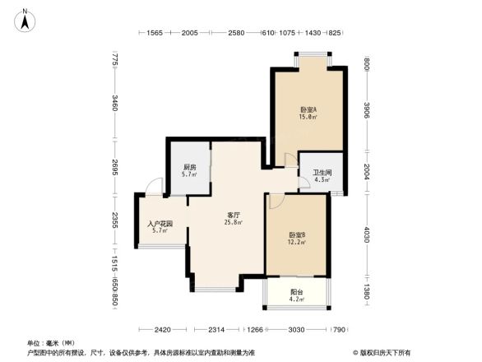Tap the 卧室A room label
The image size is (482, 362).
pyautogui.click(x=308, y=109)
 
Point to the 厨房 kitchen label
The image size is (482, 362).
pyautogui.click(x=189, y=167)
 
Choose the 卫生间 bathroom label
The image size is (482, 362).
pyautogui.click(x=322, y=173)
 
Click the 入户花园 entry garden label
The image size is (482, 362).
pyautogui.click(x=159, y=223)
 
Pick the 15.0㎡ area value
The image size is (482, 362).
pyautogui.click(x=308, y=118)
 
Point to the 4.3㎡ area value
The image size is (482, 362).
pyautogui.click(x=322, y=180)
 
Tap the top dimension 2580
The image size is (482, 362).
pyautogui.click(x=236, y=33)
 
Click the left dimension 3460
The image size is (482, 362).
pyautogui.click(x=115, y=104)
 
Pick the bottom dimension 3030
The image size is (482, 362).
pyautogui.click(x=296, y=329)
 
